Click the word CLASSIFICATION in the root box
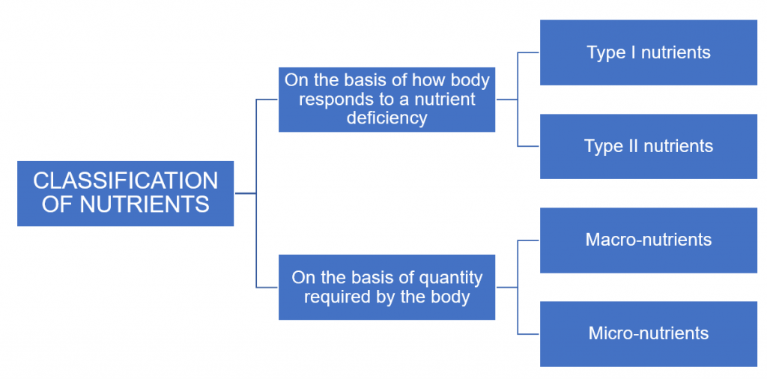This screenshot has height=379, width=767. [126, 181]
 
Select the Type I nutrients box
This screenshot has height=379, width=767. [649, 52]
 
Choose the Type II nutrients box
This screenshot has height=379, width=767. [649, 146]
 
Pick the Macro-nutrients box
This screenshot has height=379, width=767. [649, 240]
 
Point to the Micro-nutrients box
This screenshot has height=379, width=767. [649, 334]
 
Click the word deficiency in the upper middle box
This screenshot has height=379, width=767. [386, 118]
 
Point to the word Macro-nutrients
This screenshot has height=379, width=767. [649, 240]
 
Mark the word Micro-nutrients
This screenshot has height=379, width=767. [649, 334]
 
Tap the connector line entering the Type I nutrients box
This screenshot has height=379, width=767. [529, 53]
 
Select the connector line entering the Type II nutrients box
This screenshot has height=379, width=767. [529, 146]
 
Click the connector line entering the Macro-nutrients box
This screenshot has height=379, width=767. [529, 240]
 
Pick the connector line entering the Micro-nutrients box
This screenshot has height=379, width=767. [529, 334]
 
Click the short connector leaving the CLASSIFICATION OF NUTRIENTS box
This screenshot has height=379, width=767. [245, 193]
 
